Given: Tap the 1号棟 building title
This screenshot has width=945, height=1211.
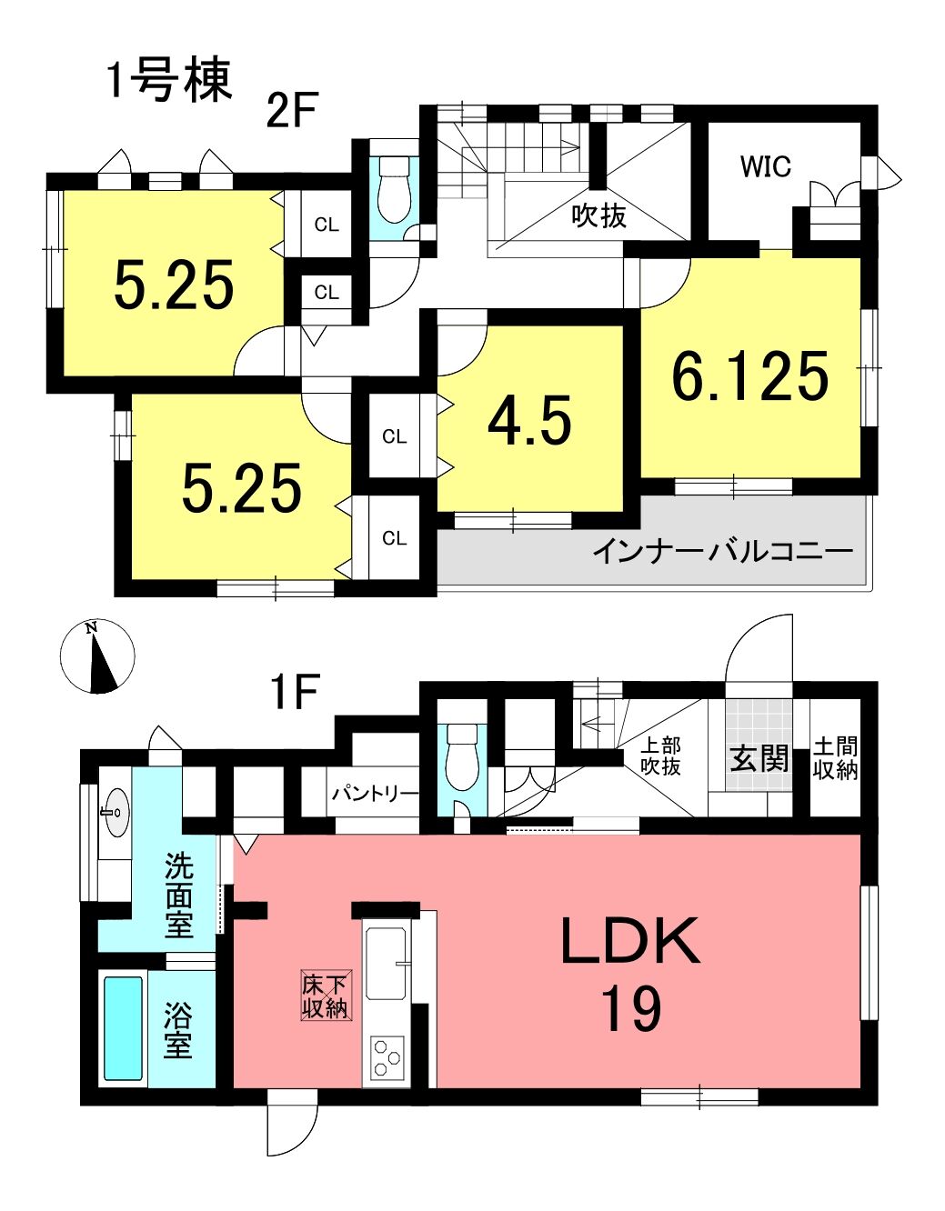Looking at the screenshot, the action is click(169, 81).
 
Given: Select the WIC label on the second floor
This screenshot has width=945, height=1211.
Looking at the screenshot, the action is click(765, 166).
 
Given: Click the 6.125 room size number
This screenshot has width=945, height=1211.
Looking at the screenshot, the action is click(750, 375).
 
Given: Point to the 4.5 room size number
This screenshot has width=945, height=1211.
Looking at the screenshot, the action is click(529, 421).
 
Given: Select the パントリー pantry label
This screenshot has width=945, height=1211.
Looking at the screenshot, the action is click(375, 794).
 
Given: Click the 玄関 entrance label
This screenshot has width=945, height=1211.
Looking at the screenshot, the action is click(759, 758).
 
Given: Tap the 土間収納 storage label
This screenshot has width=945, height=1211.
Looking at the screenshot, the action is click(835, 758).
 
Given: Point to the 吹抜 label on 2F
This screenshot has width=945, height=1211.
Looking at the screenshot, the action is click(599, 215).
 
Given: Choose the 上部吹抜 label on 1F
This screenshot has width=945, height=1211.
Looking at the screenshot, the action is click(660, 756).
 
